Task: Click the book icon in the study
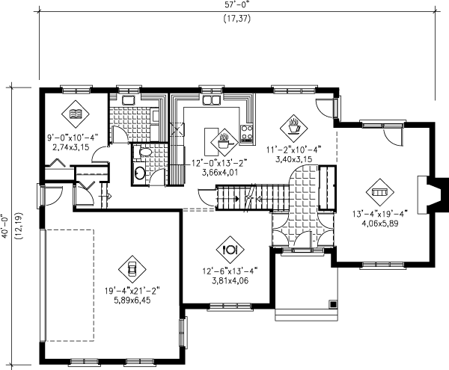coord(75,114)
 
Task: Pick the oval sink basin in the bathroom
coord(139,173)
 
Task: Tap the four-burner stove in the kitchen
coord(246,135)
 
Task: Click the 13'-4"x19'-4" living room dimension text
coord(379,212)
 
